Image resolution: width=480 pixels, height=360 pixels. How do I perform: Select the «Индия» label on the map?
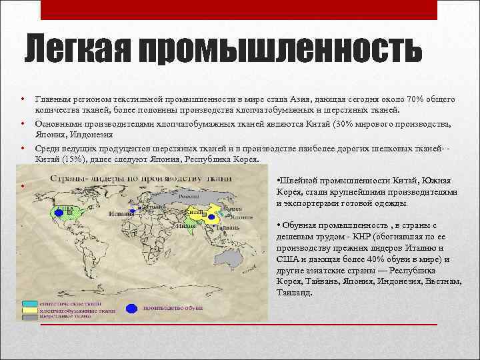187,225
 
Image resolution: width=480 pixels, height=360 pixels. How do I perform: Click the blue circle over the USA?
59,213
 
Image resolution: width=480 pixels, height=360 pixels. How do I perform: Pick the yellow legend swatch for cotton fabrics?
29,310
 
